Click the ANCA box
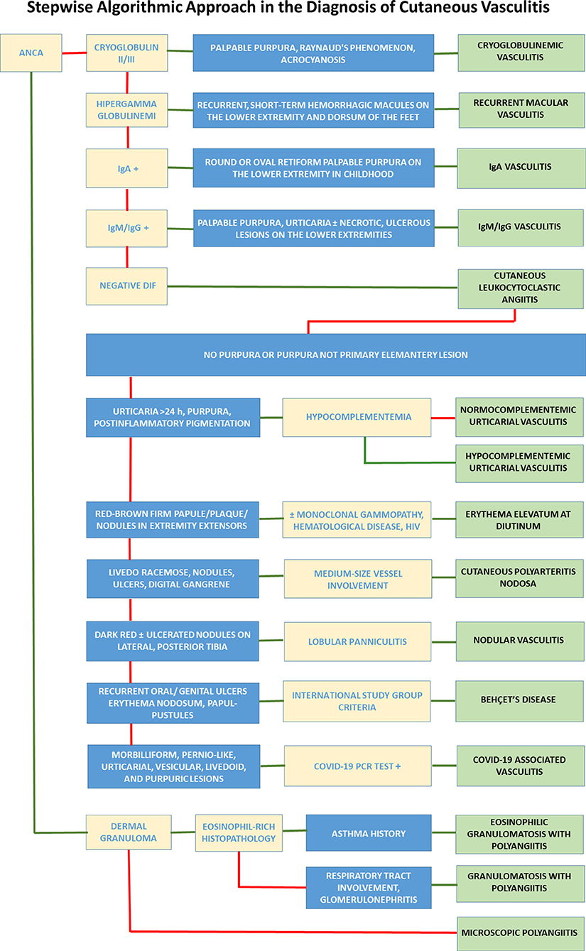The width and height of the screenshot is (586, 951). click(32, 52)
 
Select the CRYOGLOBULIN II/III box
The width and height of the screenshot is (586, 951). click(127, 52)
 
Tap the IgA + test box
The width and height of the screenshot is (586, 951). click(127, 168)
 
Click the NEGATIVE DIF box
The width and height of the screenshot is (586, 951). click(127, 286)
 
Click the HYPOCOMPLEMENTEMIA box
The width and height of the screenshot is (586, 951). click(358, 417)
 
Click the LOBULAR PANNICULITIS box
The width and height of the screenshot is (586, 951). click(358, 641)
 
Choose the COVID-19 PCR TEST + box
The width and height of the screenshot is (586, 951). click(358, 766)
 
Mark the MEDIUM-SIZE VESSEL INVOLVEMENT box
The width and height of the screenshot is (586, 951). click(358, 580)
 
